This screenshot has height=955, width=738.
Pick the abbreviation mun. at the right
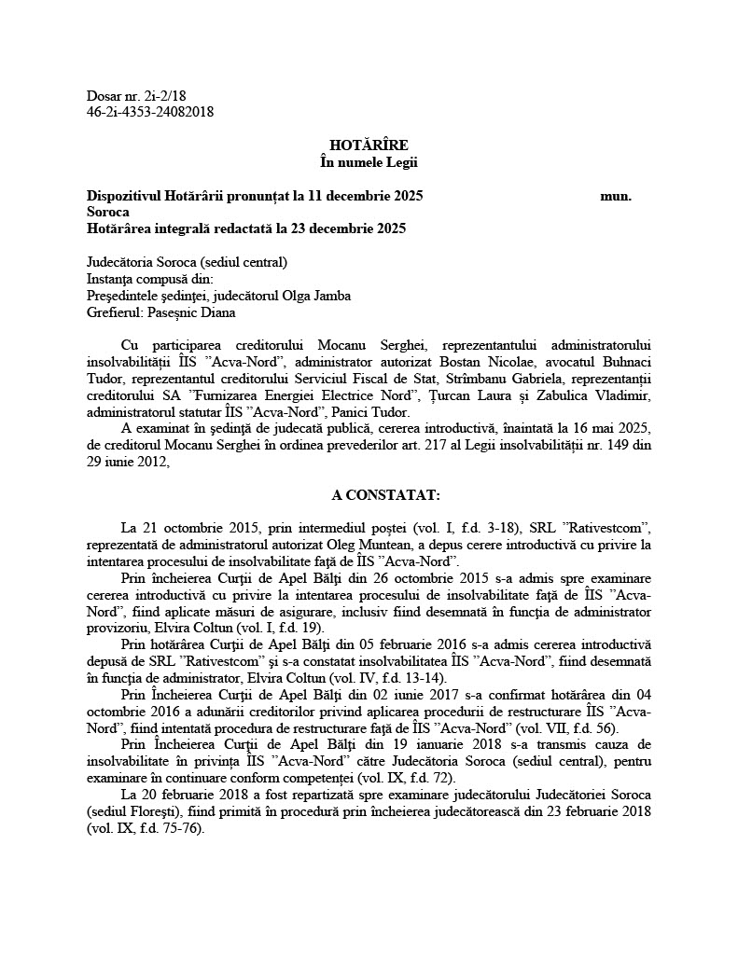616,196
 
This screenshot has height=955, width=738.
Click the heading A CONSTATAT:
368,494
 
